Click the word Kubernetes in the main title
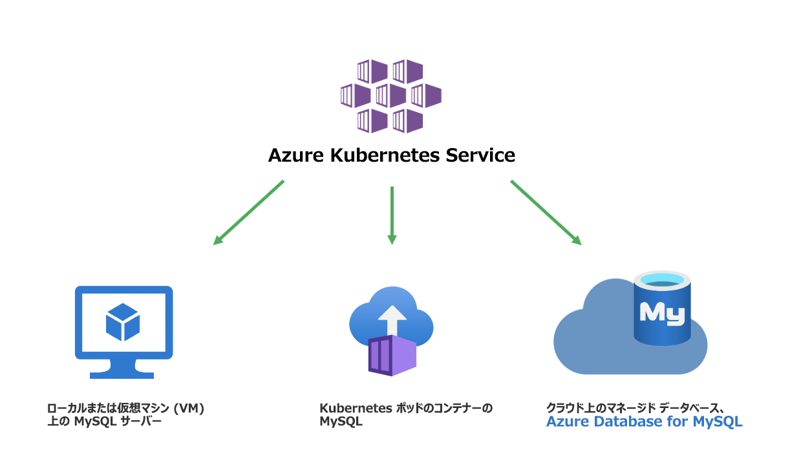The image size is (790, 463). coord(385,155)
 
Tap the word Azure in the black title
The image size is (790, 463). coord(296,155)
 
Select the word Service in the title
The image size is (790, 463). coord(480,155)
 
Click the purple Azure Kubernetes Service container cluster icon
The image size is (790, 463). coord(391,96)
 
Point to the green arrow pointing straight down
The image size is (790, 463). coord(392,215)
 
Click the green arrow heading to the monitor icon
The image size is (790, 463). coord(249,213)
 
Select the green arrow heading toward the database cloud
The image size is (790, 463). coord(546,213)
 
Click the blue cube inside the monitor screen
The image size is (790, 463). coord(123,322)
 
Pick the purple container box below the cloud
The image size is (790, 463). coord(392,356)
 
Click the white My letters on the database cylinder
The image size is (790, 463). coord(663,314)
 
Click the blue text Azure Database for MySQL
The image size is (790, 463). coord(645,422)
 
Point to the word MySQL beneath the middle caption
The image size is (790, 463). coord(341,422)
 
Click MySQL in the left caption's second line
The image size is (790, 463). coord(95,422)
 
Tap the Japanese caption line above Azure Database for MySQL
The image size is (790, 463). coord(635,408)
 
